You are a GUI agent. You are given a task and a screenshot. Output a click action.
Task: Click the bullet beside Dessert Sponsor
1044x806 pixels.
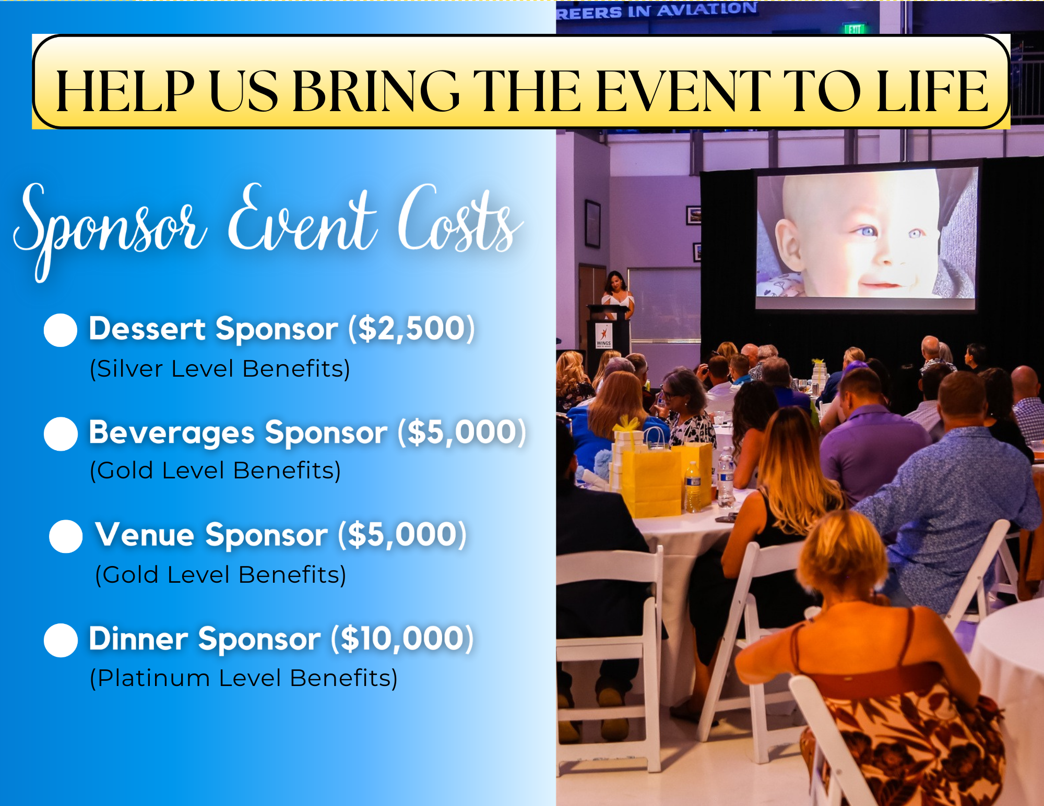(61, 330)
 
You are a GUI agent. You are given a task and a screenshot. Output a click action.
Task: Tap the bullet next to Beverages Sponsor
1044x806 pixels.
(61, 434)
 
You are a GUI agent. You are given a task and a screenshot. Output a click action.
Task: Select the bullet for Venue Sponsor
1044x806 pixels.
(66, 536)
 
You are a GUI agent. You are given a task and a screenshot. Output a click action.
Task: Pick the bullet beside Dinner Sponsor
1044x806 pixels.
(61, 640)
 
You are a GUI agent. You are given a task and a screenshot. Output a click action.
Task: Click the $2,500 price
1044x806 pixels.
(412, 329)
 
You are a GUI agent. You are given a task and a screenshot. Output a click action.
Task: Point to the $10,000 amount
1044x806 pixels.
(402, 639)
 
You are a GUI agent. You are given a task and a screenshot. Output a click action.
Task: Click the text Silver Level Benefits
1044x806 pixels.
(220, 368)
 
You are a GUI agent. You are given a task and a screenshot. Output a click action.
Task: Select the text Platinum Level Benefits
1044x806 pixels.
(244, 678)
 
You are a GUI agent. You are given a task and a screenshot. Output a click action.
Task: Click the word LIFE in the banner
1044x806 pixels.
(932, 91)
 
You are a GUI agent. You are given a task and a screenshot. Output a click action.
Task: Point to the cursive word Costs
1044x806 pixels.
(459, 219)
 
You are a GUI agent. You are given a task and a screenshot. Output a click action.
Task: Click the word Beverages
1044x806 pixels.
(172, 433)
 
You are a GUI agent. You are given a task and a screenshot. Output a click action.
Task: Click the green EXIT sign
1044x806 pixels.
(855, 29)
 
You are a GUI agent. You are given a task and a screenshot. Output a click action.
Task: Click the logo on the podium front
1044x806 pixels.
(604, 335)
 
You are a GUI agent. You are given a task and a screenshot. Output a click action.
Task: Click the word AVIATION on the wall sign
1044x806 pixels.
(707, 9)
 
